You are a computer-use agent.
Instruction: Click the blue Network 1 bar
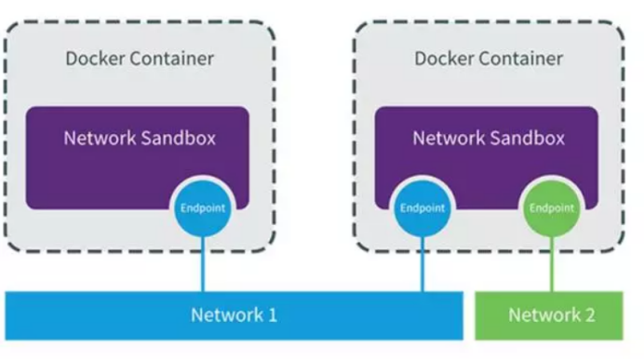(234, 314)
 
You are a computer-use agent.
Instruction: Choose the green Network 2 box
(550, 314)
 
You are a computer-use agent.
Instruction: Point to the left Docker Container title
(140, 59)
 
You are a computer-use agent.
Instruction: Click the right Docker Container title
(489, 59)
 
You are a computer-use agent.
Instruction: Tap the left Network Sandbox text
(140, 139)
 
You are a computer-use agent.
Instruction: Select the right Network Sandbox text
(489, 139)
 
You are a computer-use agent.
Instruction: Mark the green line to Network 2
(551, 265)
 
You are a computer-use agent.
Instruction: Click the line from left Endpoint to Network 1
(202, 265)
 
